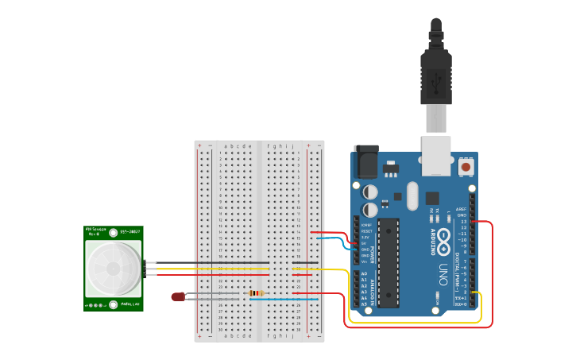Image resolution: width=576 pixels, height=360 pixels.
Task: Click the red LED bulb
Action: tap(177, 296)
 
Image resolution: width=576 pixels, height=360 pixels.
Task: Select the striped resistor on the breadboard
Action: tap(256, 293)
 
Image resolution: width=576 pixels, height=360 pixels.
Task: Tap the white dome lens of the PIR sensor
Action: tap(113, 266)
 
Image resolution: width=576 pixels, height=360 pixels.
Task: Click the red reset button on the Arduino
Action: tap(466, 167)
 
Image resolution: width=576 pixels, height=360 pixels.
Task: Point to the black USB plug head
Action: tap(435, 79)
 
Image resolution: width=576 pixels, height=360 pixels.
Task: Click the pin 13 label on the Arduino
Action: tap(463, 221)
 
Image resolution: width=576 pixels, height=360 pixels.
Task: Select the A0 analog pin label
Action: tap(364, 273)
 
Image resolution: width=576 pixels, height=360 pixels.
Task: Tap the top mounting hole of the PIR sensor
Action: tap(114, 233)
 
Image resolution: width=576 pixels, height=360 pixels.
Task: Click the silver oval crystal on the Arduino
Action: tap(411, 195)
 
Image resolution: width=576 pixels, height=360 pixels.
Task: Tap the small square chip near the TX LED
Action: tap(431, 198)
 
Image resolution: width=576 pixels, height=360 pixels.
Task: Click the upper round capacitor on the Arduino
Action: tap(371, 192)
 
